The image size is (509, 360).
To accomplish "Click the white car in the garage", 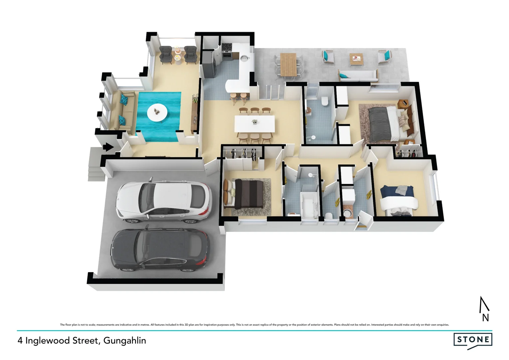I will [x=164, y=202].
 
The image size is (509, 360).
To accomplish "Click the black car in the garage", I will [x=161, y=249].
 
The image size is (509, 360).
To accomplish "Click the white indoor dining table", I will [x=254, y=124].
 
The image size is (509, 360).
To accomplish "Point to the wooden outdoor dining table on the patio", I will [x=288, y=64].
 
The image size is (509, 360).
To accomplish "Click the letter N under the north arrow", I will [x=485, y=318].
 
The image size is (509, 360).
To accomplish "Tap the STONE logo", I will [x=473, y=340].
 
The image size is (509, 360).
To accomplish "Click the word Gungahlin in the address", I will [x=125, y=341].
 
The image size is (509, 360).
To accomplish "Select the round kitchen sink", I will [x=245, y=59].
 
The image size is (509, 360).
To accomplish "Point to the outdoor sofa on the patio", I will [x=358, y=75].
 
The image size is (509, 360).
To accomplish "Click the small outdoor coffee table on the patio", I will [x=356, y=59].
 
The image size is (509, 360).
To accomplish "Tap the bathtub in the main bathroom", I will [x=308, y=205].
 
